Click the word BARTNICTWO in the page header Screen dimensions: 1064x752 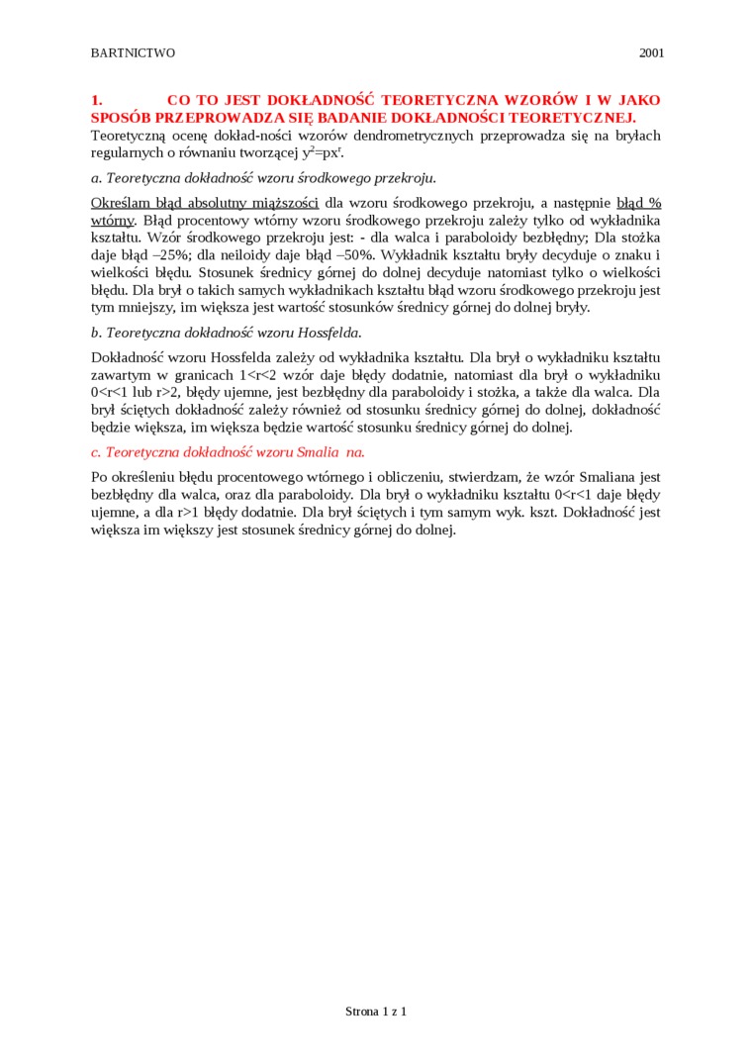[133, 52]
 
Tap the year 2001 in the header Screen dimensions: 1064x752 [651, 52]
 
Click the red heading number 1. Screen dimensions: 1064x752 [96, 100]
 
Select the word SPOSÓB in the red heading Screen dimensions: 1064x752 [120, 117]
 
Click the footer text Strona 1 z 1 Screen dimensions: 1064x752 [376, 1012]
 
